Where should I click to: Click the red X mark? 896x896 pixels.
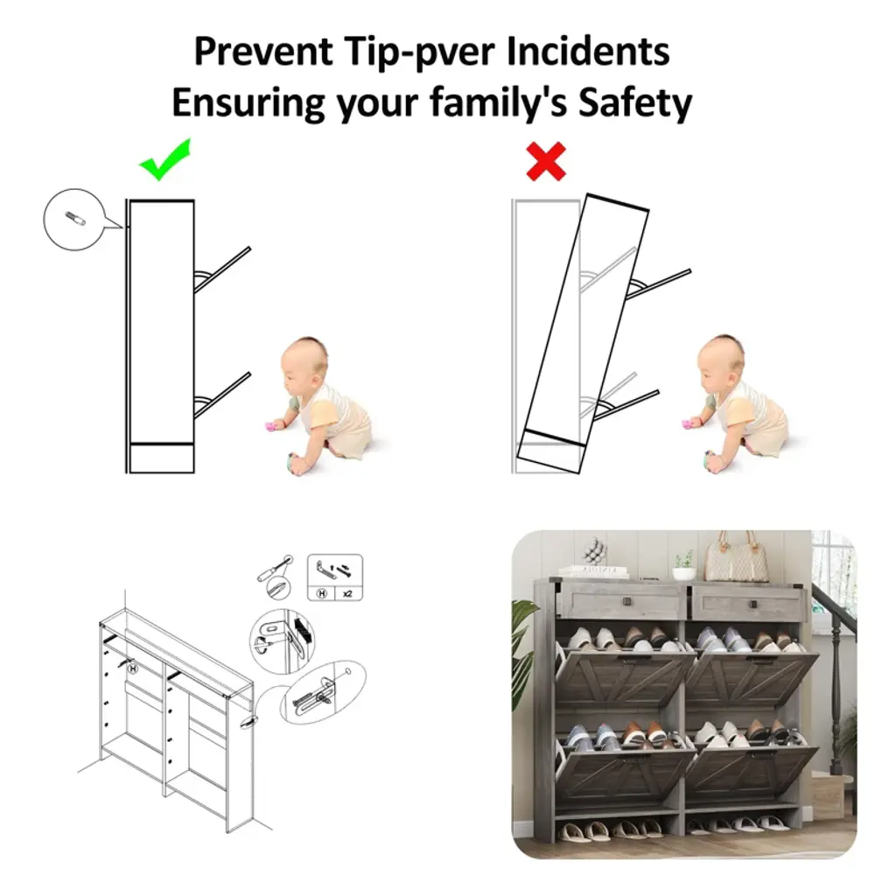[x=546, y=162]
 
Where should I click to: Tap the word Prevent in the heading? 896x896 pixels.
[x=263, y=52]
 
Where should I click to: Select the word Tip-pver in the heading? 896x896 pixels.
[x=420, y=52]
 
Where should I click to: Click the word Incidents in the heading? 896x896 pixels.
[x=588, y=52]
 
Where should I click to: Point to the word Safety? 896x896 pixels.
[x=635, y=103]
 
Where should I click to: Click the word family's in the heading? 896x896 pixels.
[x=498, y=103]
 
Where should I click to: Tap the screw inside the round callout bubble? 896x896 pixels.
[x=75, y=218]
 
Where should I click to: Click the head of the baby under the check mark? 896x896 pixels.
[x=304, y=364]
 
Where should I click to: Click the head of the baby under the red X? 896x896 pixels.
[x=722, y=363]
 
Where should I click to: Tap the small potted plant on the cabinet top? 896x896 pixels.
[x=684, y=566]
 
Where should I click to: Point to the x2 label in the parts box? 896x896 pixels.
[x=347, y=594]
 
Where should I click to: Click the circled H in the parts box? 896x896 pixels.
[x=322, y=593]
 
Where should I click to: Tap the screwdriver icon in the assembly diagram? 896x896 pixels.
[x=274, y=568]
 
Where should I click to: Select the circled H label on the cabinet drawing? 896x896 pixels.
[x=133, y=668]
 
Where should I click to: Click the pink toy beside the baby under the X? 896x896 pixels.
[x=687, y=424]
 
